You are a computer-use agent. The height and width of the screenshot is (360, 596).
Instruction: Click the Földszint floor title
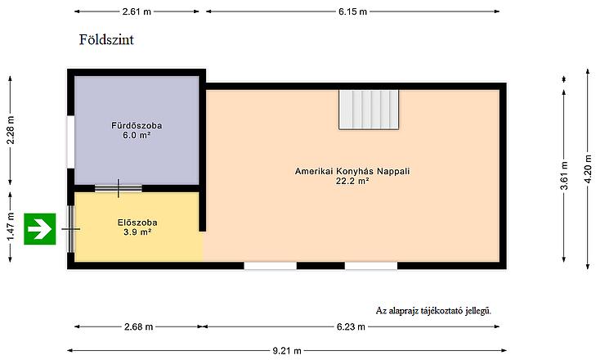(106, 40)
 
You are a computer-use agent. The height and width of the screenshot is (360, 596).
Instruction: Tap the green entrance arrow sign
(40, 229)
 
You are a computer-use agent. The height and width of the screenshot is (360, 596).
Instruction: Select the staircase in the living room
(369, 110)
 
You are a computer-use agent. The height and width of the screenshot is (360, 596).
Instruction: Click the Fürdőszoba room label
(137, 125)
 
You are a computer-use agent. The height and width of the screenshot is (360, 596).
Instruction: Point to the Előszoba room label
(137, 223)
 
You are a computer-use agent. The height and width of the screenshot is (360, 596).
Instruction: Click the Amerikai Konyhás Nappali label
(352, 171)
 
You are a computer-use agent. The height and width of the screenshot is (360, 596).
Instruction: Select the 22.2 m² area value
(352, 181)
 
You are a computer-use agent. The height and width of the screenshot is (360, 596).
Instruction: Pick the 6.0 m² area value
(137, 135)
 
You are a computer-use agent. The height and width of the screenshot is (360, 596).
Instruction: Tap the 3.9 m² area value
(137, 232)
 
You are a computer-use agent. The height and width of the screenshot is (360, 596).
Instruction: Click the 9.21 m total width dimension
(287, 351)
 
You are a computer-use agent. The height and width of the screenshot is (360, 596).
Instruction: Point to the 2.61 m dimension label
(137, 11)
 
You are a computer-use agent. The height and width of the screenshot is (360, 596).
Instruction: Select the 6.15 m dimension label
(352, 11)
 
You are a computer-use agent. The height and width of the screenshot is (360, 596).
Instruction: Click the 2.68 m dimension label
(138, 327)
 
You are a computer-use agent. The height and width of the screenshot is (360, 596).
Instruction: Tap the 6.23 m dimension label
(351, 327)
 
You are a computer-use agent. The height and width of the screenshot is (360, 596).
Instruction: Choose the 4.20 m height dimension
(588, 169)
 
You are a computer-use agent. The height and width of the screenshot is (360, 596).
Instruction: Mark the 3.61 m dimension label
(564, 175)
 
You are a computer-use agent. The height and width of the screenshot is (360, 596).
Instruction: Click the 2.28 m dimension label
(11, 130)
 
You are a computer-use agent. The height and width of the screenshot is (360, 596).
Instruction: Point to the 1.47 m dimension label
(11, 227)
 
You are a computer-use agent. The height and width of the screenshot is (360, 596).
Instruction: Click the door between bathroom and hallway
(119, 188)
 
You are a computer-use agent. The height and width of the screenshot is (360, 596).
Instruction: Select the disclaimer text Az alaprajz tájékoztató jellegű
(433, 311)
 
